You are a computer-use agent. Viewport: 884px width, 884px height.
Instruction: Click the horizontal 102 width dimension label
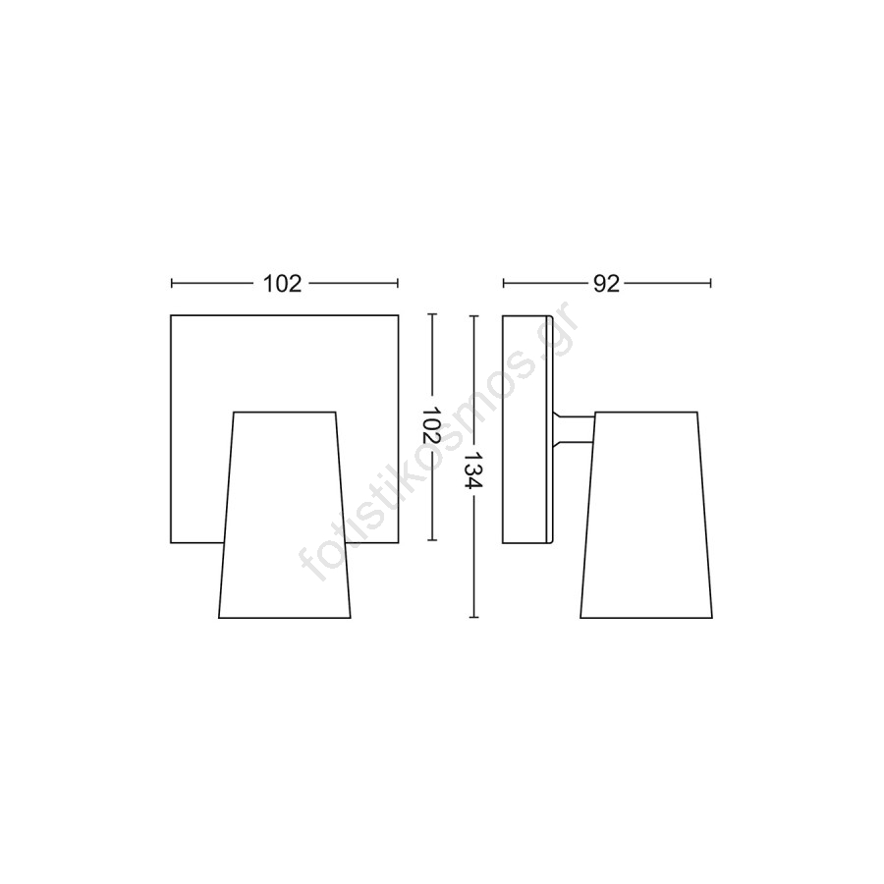point(283,284)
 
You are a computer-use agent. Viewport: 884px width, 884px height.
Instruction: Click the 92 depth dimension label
point(607,284)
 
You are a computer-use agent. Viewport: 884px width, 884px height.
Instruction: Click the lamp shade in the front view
point(285,515)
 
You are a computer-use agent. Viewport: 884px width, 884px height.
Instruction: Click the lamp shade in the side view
point(646,515)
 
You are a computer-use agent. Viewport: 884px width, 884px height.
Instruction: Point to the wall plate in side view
point(527,429)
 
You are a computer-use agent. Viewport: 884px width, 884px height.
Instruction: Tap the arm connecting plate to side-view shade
point(574,429)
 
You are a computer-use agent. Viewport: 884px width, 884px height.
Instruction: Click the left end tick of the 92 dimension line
point(504,283)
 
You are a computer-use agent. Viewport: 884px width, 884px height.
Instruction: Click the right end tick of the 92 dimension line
point(711,283)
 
